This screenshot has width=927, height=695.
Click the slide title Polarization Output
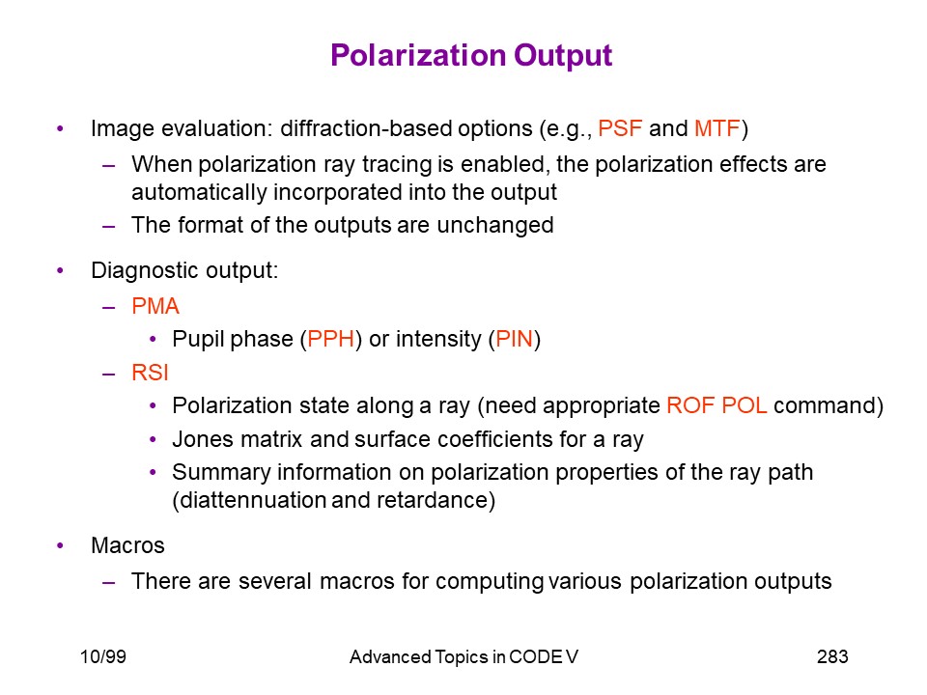pyautogui.click(x=471, y=57)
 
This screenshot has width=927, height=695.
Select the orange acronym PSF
pyautogui.click(x=620, y=128)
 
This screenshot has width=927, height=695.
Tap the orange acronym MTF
pyautogui.click(x=716, y=128)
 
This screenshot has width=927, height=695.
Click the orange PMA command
pyautogui.click(x=155, y=306)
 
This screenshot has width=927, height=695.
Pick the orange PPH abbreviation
pyautogui.click(x=330, y=339)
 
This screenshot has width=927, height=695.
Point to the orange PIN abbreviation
pyautogui.click(x=514, y=339)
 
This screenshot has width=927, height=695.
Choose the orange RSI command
pyautogui.click(x=151, y=373)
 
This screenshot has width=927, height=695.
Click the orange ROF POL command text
pyautogui.click(x=716, y=405)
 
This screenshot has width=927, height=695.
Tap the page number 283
pyautogui.click(x=832, y=656)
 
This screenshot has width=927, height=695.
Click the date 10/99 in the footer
pyautogui.click(x=103, y=656)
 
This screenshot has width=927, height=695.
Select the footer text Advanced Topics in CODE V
pyautogui.click(x=463, y=657)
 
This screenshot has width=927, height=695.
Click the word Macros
pyautogui.click(x=127, y=545)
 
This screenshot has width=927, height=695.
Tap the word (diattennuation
pyautogui.click(x=248, y=500)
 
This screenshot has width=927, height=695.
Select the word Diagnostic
pyautogui.click(x=141, y=271)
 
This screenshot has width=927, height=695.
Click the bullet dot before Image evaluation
pyautogui.click(x=60, y=128)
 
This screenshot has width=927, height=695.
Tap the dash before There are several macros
pyautogui.click(x=109, y=582)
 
